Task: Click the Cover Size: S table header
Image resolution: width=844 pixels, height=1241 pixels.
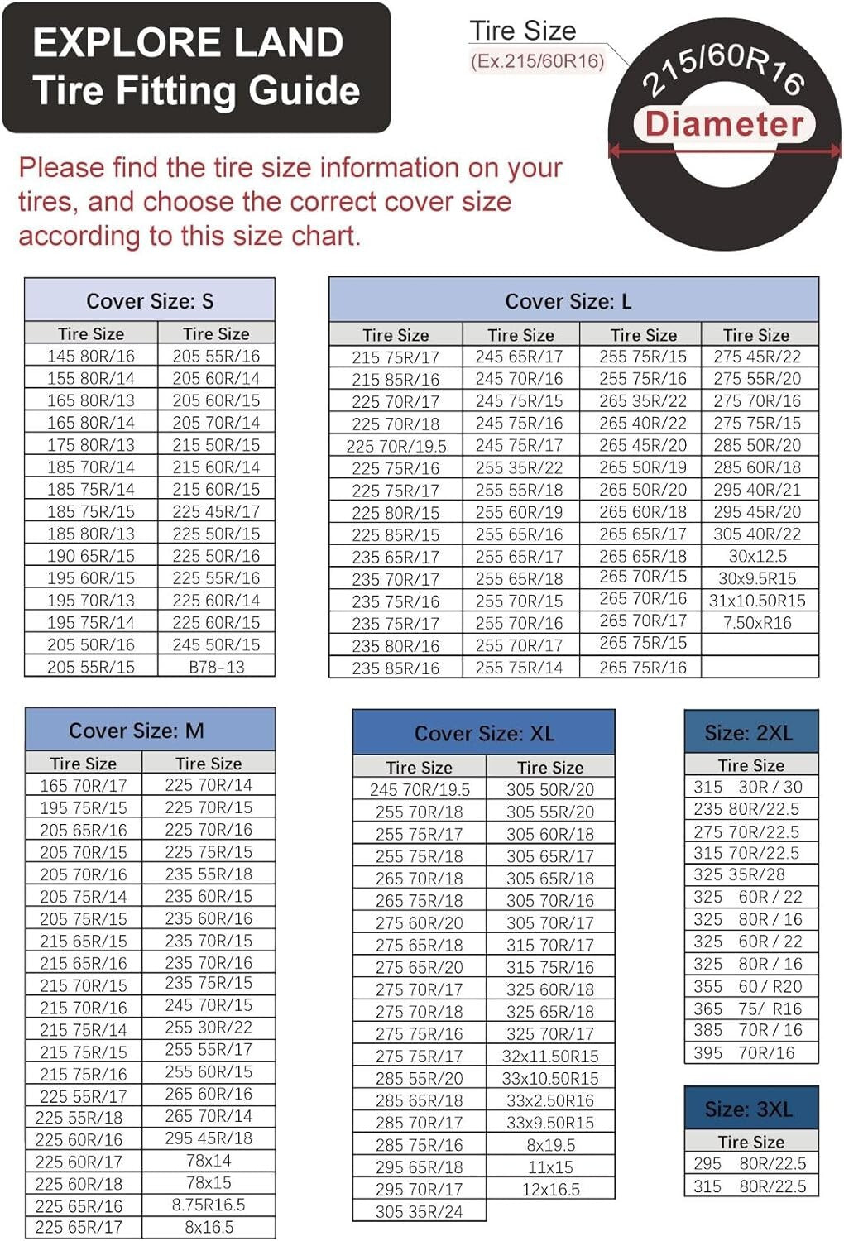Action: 150,301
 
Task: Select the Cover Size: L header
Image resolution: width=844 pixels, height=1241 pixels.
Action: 568,302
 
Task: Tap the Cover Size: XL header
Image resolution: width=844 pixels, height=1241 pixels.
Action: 484,734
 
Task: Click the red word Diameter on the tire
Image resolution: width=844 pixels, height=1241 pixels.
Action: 724,124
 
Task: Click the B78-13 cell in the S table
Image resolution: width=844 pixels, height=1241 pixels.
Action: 217,667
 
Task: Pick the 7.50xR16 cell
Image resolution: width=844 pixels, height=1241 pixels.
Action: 757,623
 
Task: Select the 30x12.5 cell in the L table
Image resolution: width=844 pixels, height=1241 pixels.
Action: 757,556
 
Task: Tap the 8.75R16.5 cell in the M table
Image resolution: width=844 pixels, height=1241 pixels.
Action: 209,1205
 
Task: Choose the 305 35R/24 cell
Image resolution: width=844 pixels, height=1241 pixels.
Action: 420,1211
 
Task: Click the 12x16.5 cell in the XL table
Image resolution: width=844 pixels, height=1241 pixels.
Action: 550,1189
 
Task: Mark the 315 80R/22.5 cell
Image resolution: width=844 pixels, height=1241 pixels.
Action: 750,1186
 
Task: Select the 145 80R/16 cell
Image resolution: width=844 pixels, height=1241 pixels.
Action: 91,356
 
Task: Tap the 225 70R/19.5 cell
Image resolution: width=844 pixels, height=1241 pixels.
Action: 396,446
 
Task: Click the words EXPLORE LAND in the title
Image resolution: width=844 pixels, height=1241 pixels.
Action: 188,42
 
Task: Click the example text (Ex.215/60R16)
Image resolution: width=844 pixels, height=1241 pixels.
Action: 538,61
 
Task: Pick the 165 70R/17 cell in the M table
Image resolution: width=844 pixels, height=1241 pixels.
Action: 84,785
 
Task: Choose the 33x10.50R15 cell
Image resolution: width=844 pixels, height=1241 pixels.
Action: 550,1078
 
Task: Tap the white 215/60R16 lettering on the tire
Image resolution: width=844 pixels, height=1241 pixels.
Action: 723,71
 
